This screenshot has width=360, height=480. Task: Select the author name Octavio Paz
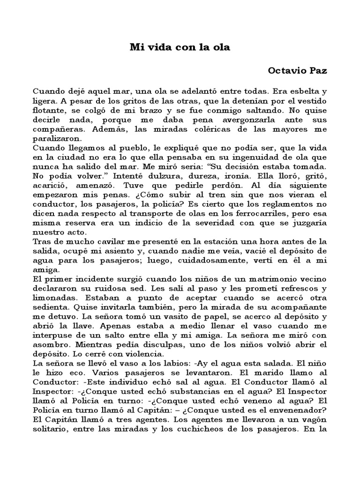[297, 71]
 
